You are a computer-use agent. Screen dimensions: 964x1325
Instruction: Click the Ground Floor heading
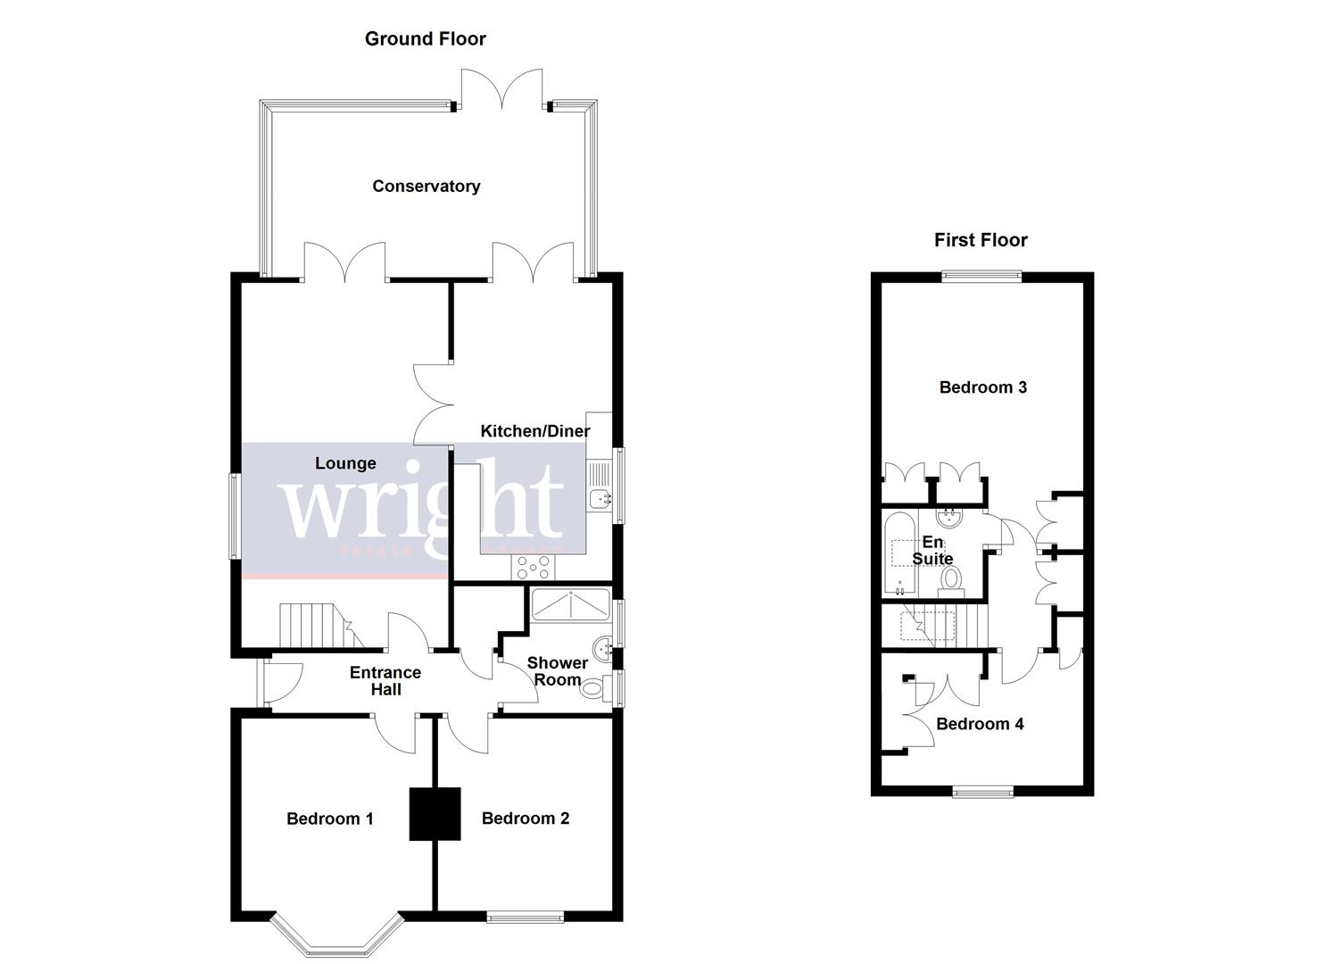[x=425, y=38]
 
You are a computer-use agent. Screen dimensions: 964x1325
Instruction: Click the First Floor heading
[x=980, y=240]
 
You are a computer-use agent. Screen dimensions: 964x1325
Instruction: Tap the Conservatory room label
[x=426, y=186]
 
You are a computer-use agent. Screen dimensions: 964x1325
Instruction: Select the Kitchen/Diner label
[x=534, y=431]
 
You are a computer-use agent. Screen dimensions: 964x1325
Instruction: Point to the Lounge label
[x=345, y=463]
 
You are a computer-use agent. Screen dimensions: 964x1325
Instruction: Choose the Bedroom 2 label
[x=525, y=819]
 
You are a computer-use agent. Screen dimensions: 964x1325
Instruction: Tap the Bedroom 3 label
[x=982, y=387]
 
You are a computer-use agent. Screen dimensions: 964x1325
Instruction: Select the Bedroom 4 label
[x=979, y=724]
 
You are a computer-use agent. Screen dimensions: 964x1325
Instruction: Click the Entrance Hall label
[x=385, y=681]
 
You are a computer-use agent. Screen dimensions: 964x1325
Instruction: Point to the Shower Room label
[x=557, y=671]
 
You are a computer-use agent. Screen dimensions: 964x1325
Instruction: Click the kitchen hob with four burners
[x=533, y=567]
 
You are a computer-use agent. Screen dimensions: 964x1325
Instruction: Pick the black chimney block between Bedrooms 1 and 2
[x=435, y=813]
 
